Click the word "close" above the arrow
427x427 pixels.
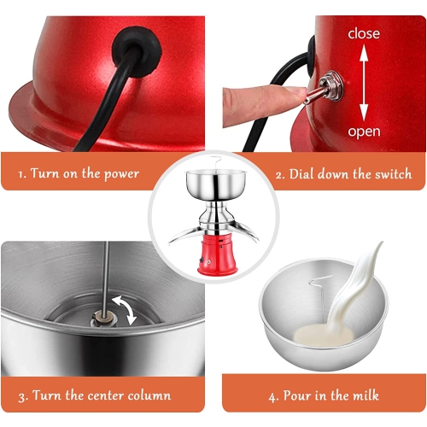coord(364,34)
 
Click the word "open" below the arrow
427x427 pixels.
coord(364,132)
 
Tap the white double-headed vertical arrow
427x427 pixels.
coord(364,83)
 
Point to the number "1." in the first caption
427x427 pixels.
coord(22,174)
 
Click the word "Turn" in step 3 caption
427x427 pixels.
coord(45,395)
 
